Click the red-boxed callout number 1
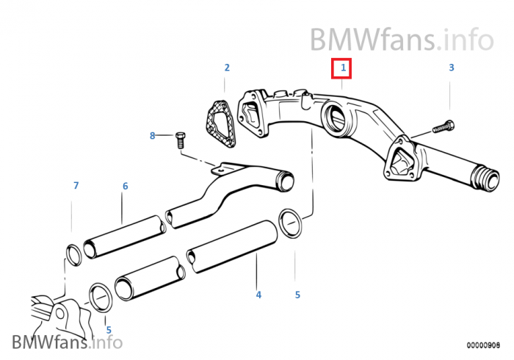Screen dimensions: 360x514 [x=341, y=69]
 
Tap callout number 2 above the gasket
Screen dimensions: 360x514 [x=227, y=68]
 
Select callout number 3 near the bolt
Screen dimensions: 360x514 [x=452, y=68]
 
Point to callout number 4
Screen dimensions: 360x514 [x=258, y=295]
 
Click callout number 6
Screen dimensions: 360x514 [x=125, y=187]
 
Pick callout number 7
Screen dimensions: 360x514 [x=75, y=186]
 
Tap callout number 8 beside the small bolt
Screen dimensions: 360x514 [x=153, y=135]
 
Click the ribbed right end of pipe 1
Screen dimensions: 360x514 [x=485, y=179]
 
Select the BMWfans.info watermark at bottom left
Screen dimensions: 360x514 [x=67, y=342]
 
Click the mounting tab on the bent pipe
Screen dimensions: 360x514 [x=218, y=170]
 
